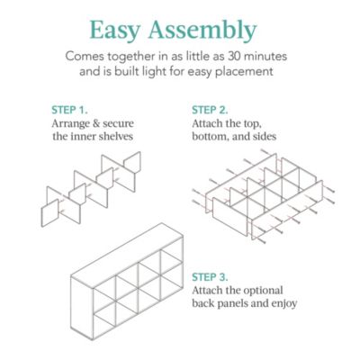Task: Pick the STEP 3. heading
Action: (213, 277)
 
